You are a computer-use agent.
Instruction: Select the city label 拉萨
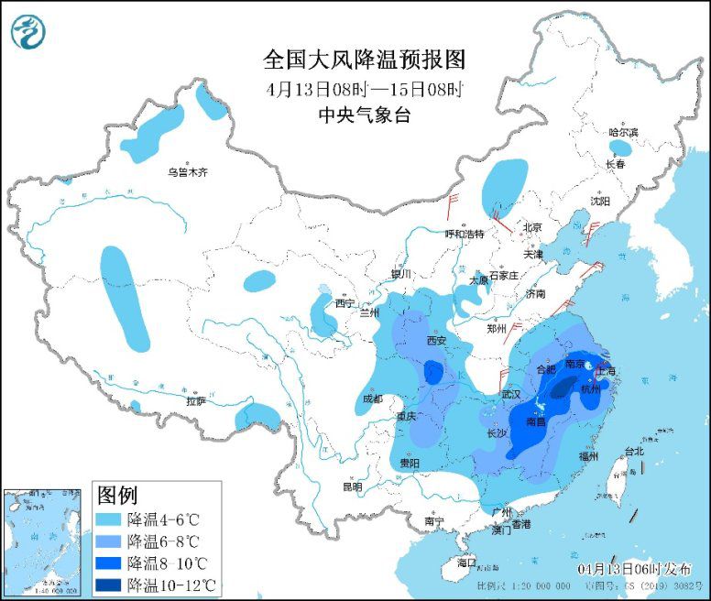point(195,401)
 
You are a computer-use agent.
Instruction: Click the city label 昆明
point(352,486)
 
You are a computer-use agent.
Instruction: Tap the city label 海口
point(466,562)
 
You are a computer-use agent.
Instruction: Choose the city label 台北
point(633,451)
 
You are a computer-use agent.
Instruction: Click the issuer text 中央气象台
point(365,115)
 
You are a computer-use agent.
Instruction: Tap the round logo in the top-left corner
point(28,32)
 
